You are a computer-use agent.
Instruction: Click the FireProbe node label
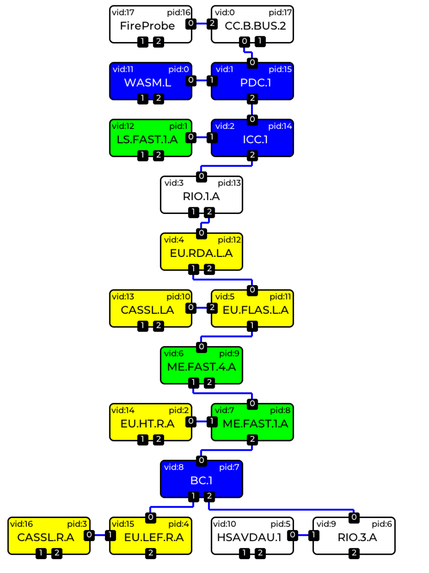coord(147,26)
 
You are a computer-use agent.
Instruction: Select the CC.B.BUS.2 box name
coord(255,26)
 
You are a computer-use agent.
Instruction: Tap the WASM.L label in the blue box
coord(147,83)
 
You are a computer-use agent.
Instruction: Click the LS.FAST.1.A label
coord(147,139)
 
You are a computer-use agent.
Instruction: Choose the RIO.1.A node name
coord(201,197)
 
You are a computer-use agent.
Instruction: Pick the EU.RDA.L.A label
coord(201,253)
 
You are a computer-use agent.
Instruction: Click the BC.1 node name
coord(201,480)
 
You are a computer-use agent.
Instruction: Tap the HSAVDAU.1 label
coord(249,538)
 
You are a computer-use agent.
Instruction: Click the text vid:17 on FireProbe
coord(123,12)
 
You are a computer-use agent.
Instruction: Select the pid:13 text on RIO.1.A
coord(229,183)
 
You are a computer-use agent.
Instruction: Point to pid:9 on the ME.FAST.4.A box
coord(229,353)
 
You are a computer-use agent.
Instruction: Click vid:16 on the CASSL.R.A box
coord(21,524)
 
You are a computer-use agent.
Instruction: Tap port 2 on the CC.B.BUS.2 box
coord(212,24)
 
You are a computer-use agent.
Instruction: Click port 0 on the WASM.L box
coord(191,80)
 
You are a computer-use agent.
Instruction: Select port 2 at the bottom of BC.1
coord(209,497)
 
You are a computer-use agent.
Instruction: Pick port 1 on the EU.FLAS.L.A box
coord(252,326)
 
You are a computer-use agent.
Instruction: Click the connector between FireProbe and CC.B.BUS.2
coord(201,24)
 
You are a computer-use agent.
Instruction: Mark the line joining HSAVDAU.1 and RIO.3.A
coord(303,535)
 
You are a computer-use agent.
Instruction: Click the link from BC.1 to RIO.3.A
coord(281,509)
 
